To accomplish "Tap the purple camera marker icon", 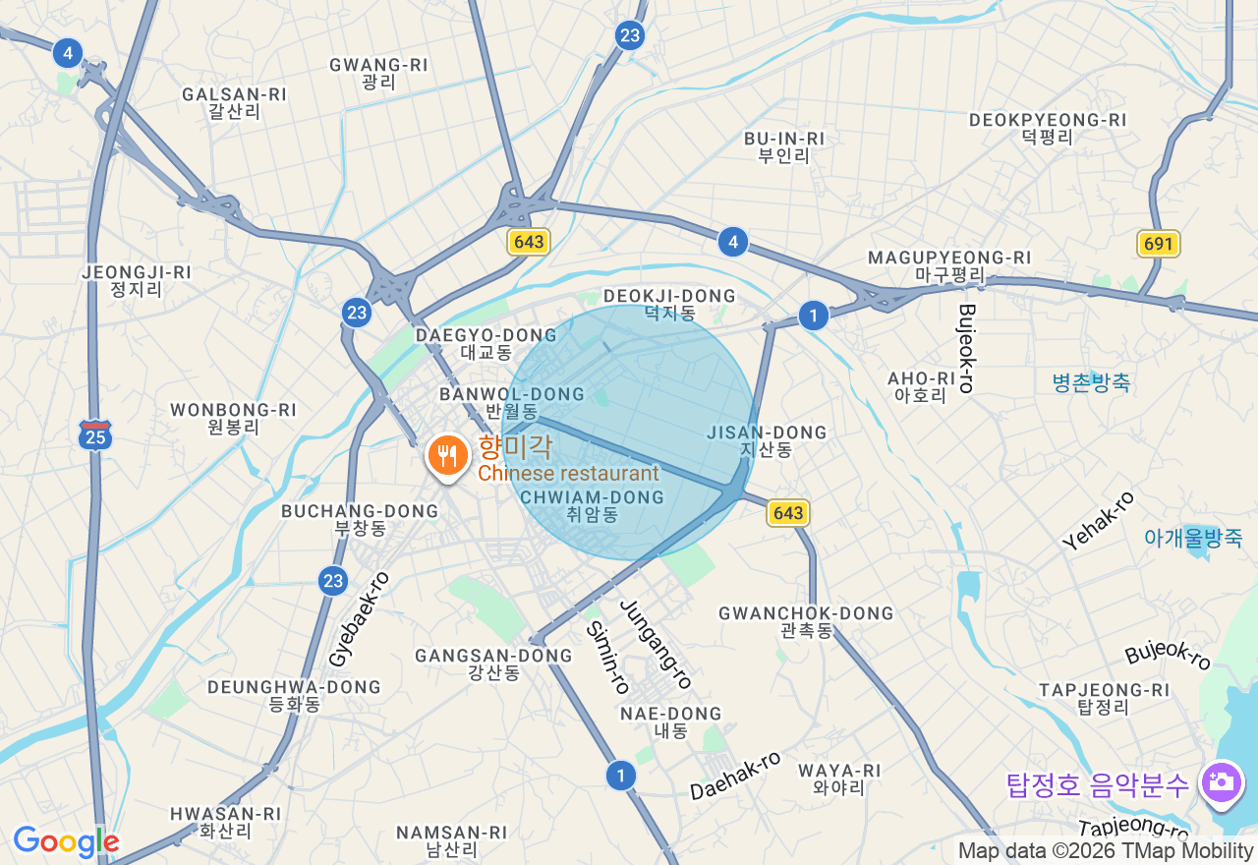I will [1221, 783].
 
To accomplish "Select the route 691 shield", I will [1159, 244].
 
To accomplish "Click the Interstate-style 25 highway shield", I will [95, 434].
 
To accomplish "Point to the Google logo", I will [66, 841].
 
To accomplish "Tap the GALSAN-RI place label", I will [234, 102].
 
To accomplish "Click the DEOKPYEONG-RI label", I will [1048, 128].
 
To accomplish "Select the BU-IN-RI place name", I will [783, 146].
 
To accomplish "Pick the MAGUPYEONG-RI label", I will [949, 265].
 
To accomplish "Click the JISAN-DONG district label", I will [767, 440].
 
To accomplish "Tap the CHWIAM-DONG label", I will [592, 505].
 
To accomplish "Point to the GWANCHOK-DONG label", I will [806, 621].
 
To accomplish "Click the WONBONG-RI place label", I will [233, 418].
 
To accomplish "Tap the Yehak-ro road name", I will [1098, 520].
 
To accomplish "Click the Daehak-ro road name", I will [735, 776].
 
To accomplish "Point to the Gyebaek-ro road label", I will [359, 619].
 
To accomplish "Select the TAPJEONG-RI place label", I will [1105, 698].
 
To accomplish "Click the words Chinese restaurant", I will [568, 474].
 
